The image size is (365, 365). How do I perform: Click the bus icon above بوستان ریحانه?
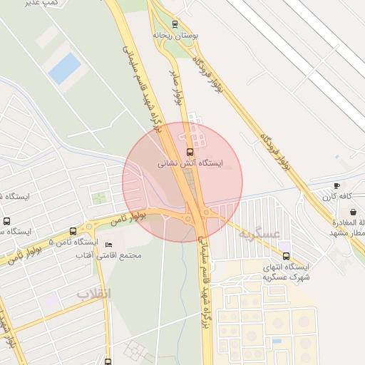point(175,24)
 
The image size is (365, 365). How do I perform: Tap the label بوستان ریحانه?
point(175,34)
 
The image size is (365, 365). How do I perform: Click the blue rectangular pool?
point(65,68)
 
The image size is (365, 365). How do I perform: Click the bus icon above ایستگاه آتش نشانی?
point(190,152)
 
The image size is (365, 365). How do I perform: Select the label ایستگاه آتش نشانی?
point(190,163)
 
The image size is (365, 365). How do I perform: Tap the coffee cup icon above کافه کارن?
point(337,185)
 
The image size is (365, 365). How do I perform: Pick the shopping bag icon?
point(354,212)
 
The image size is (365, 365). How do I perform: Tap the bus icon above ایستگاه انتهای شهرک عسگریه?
point(287,256)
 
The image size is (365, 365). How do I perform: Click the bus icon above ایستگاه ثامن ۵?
point(73,231)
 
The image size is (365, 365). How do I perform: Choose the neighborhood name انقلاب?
point(94,293)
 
